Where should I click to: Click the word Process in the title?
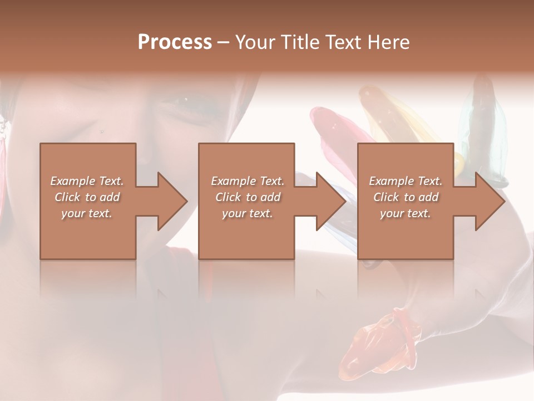pyautogui.click(x=175, y=42)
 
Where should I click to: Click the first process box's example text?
pyautogui.click(x=87, y=197)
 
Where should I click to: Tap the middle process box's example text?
pyautogui.click(x=248, y=197)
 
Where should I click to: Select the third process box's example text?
pyautogui.click(x=406, y=197)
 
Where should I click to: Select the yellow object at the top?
pyautogui.click(x=389, y=117)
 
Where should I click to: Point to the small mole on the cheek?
pyautogui.click(x=102, y=131)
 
